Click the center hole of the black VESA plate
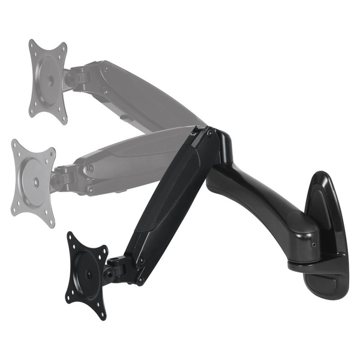[88, 273]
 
